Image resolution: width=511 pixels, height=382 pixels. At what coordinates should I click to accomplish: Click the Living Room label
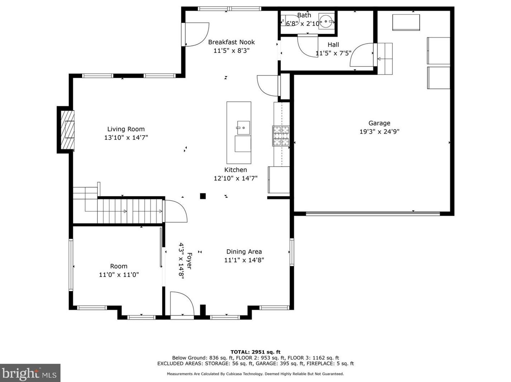pyautogui.click(x=126, y=129)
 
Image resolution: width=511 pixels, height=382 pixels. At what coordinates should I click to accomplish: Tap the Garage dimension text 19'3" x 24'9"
pyautogui.click(x=379, y=132)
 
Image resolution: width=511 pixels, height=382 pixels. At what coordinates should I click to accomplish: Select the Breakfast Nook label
pyautogui.click(x=231, y=42)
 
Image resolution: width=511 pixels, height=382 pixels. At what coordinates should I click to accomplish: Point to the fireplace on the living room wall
pyautogui.click(x=67, y=130)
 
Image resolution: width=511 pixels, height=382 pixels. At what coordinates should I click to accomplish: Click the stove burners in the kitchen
pyautogui.click(x=281, y=136)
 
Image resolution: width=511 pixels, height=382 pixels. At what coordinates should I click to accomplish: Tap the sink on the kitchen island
pyautogui.click(x=243, y=128)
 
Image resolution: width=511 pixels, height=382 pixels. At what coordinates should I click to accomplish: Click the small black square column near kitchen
pyautogui.click(x=203, y=196)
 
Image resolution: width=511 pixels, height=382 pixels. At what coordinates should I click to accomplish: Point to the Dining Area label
pyautogui.click(x=244, y=252)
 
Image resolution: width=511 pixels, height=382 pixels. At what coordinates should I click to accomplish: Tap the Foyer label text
pyautogui.click(x=189, y=261)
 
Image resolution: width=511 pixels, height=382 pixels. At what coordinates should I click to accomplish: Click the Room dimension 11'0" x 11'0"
pyautogui.click(x=119, y=275)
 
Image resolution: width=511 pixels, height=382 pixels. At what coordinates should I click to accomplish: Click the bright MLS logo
pyautogui.click(x=30, y=373)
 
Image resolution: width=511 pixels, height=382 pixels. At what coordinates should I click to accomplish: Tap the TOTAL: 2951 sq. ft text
pyautogui.click(x=255, y=352)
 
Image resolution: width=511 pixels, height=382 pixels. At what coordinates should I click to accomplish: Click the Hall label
pyautogui.click(x=333, y=45)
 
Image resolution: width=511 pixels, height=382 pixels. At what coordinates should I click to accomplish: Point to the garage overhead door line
pyautogui.click(x=373, y=214)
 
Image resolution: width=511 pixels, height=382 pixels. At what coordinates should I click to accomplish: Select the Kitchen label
pyautogui.click(x=235, y=170)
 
